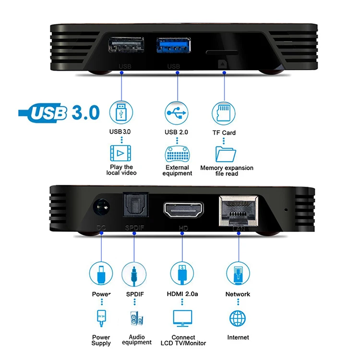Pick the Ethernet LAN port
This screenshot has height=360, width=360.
click(239, 209)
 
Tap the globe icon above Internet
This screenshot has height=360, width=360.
click(238, 318)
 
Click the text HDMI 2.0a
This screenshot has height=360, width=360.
click(182, 294)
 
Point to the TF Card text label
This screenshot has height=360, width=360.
click(224, 132)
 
